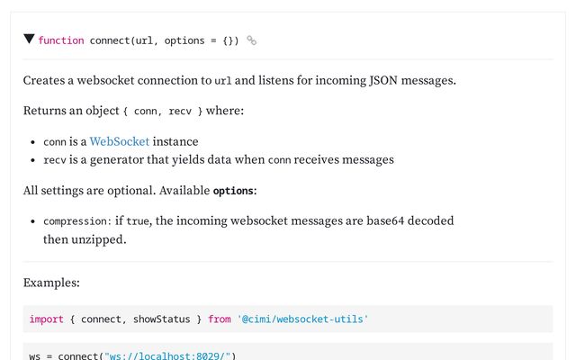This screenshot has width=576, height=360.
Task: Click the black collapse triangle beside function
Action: (x=29, y=39)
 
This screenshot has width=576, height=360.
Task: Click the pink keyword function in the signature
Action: (x=61, y=40)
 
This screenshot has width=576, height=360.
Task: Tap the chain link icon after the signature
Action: (x=252, y=40)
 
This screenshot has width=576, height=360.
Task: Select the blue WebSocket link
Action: (x=120, y=141)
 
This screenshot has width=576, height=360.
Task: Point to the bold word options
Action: (x=233, y=191)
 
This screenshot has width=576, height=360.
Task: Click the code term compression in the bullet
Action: (x=75, y=221)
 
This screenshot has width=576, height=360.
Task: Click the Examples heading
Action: (x=51, y=283)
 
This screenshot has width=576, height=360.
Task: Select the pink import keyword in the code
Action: (x=46, y=319)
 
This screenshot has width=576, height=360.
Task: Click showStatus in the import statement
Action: (x=162, y=319)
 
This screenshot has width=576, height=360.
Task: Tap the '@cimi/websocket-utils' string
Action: (x=302, y=319)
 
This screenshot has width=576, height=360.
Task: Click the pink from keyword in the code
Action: (x=220, y=319)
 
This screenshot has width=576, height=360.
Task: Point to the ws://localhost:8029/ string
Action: (x=167, y=356)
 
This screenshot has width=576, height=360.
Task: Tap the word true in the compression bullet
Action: (x=138, y=221)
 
